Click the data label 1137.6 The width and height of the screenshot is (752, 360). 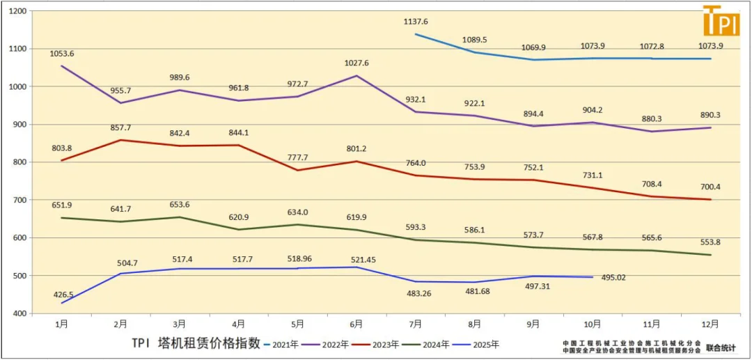(416, 22)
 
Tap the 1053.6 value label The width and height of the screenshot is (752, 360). (62, 54)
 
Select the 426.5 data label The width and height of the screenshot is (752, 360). (62, 295)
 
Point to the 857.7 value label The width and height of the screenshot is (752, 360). (120, 128)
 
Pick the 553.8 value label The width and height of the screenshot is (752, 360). (711, 242)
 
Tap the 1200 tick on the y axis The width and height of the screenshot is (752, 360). (17, 11)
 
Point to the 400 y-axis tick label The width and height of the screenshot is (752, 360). (19, 313)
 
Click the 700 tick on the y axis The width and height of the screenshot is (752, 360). (19, 200)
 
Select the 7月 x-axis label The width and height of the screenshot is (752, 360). (416, 324)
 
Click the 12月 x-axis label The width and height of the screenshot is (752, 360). (710, 324)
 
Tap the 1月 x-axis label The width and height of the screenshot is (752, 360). (62, 324)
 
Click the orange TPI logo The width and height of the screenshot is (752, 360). (721, 22)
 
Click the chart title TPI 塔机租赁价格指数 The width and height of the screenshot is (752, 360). (196, 343)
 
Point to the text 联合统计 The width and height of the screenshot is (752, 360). (721, 347)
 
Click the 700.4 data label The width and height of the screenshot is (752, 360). (711, 186)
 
